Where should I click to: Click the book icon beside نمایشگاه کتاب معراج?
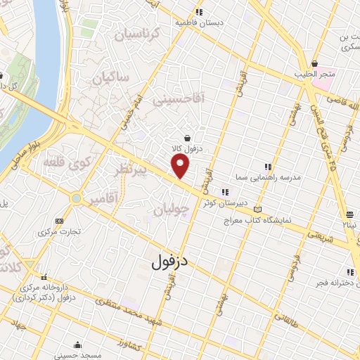coord(257,210)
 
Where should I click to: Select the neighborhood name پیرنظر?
coord(132,171)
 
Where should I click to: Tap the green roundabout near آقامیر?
coord(76,199)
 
